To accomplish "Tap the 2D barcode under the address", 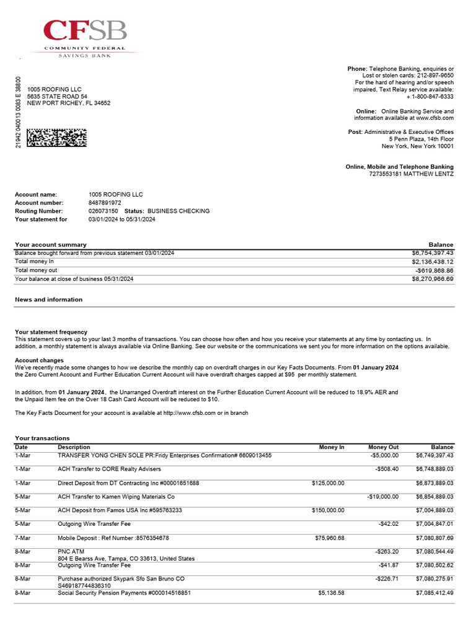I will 56,137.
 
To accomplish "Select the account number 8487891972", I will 105,203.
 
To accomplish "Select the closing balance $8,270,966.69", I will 433,279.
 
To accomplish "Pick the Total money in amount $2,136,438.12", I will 433,262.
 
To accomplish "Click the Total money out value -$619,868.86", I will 434,270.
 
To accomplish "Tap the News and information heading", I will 48,300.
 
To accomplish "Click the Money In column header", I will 332,447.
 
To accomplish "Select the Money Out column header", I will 383,447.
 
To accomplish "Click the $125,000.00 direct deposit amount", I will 328,483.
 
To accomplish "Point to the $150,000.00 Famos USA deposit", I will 328,510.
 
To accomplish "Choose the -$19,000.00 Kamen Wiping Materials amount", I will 382,497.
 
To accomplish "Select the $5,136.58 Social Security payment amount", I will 331,593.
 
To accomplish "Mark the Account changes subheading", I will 39,360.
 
